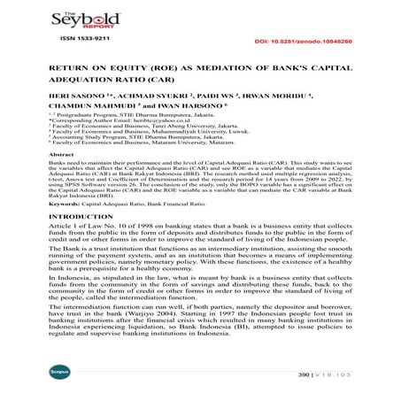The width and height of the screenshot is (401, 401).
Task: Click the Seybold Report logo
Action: point(78,19)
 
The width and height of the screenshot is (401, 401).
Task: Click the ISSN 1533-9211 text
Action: point(79,39)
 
